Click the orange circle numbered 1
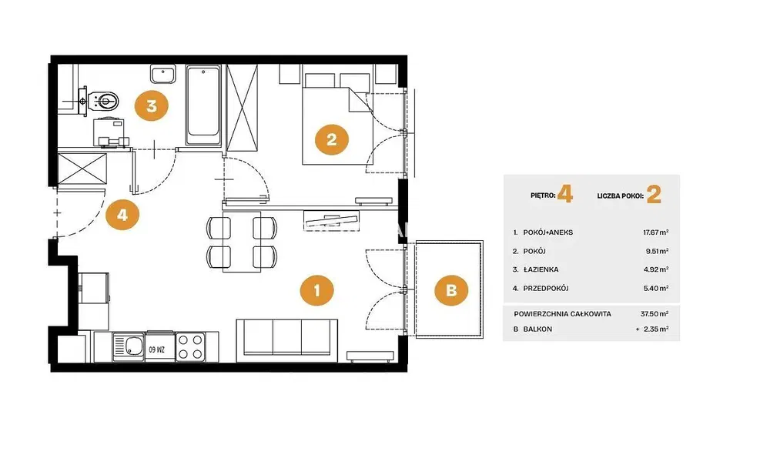(316, 290)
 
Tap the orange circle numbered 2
(331, 139)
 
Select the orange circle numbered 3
(151, 105)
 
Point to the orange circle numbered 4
(122, 215)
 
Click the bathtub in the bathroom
(203, 105)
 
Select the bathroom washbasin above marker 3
(162, 74)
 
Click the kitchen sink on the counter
(128, 347)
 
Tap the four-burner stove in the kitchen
(190, 346)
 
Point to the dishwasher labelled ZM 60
(159, 347)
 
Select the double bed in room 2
(336, 119)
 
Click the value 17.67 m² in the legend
(655, 232)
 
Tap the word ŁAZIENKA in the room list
(541, 269)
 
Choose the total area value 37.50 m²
(654, 314)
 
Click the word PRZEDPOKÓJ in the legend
(546, 288)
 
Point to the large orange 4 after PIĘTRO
(565, 195)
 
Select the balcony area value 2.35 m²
(655, 329)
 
